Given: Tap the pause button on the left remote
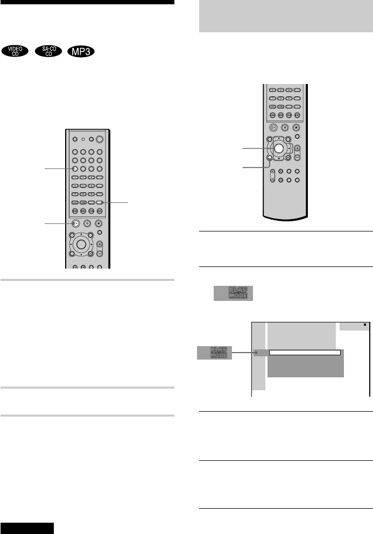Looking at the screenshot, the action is tap(87, 223).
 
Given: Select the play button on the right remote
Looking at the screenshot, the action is tap(273, 128).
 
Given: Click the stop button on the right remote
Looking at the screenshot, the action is tap(296, 128).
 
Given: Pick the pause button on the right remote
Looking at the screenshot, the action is tap(285, 128).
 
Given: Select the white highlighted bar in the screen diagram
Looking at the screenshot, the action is tap(305, 353).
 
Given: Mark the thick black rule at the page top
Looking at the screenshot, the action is tap(87, 2).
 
